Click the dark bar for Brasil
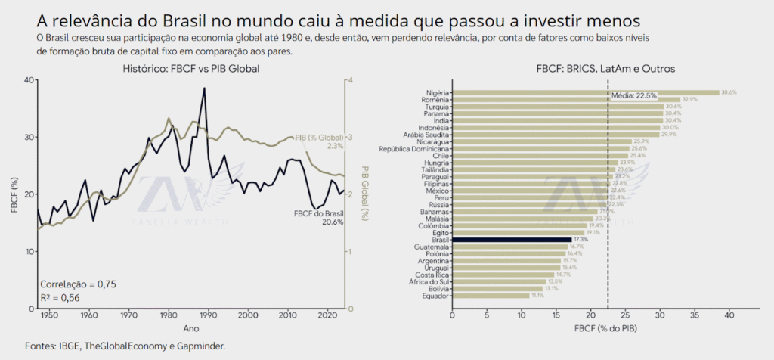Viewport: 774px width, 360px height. (512, 240)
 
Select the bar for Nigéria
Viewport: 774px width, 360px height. (586, 92)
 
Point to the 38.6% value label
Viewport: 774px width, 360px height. (729, 92)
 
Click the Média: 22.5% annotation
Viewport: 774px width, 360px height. (633, 96)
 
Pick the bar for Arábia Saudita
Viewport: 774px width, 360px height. (556, 134)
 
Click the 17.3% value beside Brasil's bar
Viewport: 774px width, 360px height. (580, 240)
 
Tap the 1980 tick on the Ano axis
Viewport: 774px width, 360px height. (168, 314)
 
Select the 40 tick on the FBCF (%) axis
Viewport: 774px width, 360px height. (28, 80)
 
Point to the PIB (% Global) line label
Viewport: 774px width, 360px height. (321, 137)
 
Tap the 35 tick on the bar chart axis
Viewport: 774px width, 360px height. (695, 314)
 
